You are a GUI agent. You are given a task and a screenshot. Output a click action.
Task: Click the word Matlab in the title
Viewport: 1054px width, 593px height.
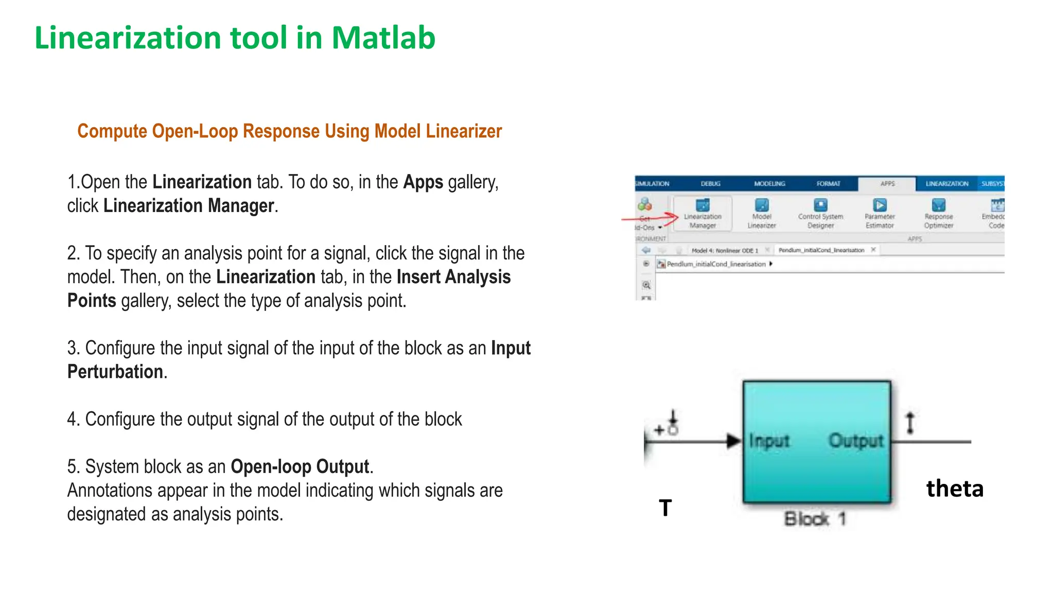click(x=383, y=38)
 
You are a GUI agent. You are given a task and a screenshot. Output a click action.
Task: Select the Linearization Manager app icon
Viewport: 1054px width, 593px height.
click(x=702, y=205)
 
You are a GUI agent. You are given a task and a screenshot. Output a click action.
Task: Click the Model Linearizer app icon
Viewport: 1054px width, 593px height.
click(x=762, y=205)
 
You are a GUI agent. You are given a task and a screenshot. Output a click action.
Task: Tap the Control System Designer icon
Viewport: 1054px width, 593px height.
click(x=821, y=205)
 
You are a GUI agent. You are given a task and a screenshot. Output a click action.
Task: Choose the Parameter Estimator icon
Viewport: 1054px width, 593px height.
click(x=880, y=205)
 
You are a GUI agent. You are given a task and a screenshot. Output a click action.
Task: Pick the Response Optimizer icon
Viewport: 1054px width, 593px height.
click(x=939, y=205)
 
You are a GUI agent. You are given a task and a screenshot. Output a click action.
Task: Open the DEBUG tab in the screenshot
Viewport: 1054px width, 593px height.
click(x=711, y=184)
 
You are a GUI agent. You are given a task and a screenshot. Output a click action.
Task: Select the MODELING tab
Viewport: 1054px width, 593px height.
click(x=769, y=184)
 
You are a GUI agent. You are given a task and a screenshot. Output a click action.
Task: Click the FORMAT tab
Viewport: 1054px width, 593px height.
click(x=828, y=184)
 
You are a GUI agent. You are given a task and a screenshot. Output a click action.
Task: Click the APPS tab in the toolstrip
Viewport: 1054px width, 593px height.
click(x=888, y=184)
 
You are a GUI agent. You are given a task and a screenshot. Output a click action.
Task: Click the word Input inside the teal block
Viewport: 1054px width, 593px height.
click(x=769, y=441)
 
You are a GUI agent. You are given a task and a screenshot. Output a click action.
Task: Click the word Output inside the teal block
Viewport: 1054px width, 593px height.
click(x=856, y=441)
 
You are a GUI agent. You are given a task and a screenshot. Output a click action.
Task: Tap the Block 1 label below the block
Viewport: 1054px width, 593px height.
click(x=815, y=519)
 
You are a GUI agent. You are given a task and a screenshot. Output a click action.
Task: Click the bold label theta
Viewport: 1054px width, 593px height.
click(x=955, y=489)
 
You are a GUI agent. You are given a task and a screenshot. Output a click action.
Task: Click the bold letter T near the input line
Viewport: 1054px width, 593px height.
click(x=665, y=508)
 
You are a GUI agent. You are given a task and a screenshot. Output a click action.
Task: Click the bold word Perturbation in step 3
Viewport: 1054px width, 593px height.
click(x=115, y=372)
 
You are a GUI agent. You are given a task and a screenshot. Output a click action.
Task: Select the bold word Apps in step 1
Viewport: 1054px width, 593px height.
click(x=423, y=182)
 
